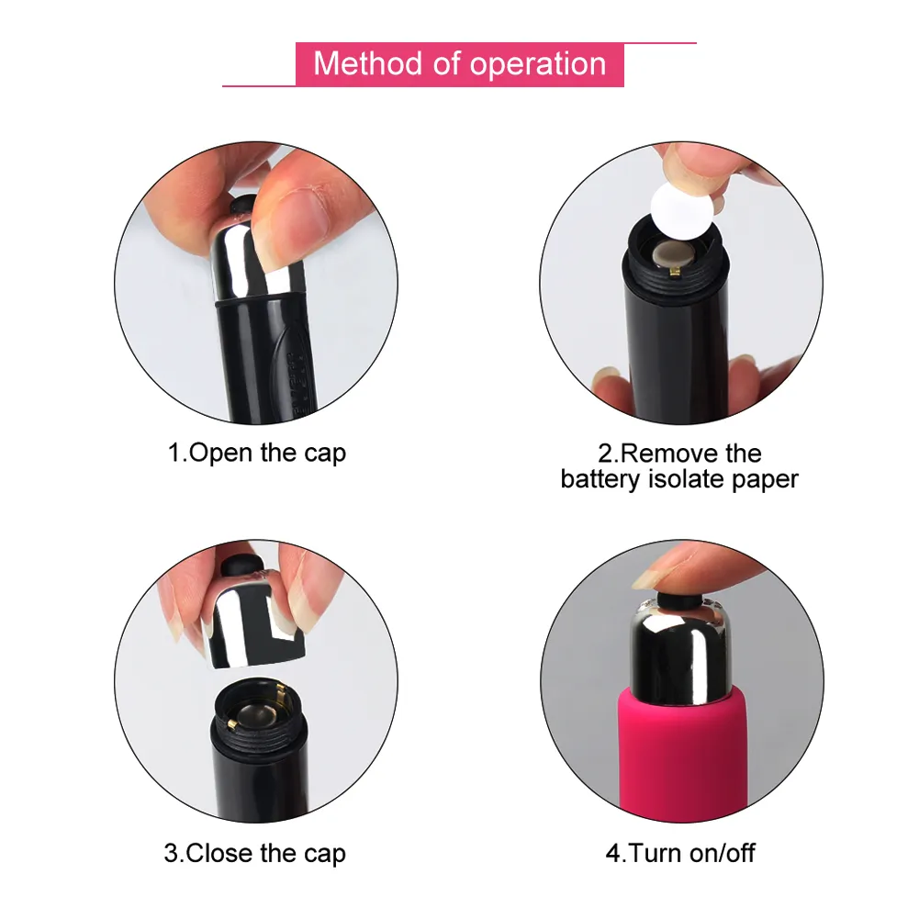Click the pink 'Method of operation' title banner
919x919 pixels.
pos(459,64)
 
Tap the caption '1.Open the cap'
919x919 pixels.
pos(257,454)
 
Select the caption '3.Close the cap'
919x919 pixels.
pos(255,854)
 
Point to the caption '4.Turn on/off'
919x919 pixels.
pos(680,854)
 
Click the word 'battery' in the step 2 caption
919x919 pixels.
pos(600,479)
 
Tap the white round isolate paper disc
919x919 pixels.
pos(682,211)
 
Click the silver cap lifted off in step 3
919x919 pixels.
pos(253,625)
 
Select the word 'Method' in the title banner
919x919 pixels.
pos(367,63)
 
